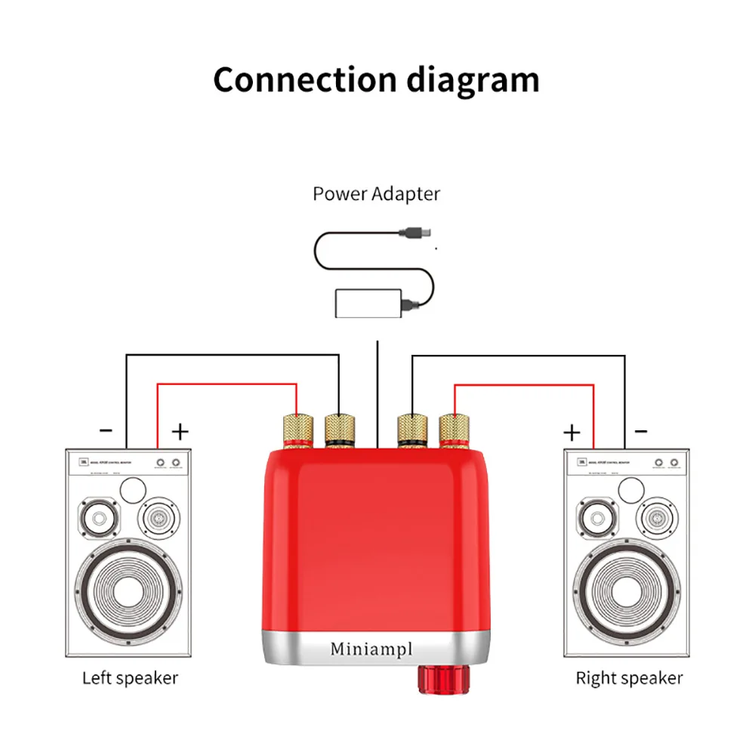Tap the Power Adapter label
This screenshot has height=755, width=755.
click(376, 194)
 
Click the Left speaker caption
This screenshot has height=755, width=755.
click(130, 677)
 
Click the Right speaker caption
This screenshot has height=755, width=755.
click(629, 677)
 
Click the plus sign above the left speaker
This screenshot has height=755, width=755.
click(180, 431)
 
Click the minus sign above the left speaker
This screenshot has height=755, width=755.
click(106, 431)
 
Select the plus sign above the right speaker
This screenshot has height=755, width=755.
click(572, 432)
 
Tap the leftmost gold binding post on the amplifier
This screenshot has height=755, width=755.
click(297, 429)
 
